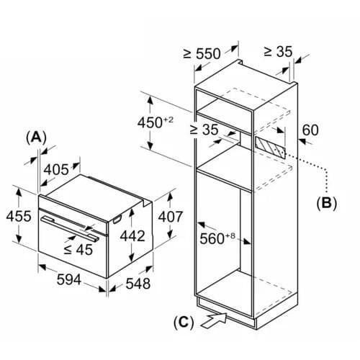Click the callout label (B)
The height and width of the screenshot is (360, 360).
click(326, 203)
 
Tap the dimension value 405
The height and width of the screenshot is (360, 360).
click(55, 169)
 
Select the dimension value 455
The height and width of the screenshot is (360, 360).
click(18, 217)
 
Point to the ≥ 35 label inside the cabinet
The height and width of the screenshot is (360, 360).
click(204, 130)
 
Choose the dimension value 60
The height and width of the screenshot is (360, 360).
click(310, 130)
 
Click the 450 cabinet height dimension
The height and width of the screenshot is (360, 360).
click(156, 122)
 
